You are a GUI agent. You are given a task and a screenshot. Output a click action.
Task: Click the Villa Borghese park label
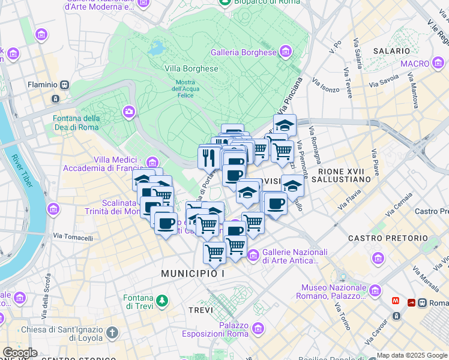pos(191,68)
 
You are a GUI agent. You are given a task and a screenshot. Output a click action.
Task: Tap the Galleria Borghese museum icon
pos(286,52)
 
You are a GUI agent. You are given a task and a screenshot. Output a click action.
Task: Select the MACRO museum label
pos(415,64)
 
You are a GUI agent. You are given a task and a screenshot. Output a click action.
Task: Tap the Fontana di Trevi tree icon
pos(161,301)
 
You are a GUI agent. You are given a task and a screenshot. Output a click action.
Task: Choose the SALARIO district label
pos(391,52)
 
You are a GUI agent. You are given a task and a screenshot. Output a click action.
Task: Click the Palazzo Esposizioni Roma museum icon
pos(258,329)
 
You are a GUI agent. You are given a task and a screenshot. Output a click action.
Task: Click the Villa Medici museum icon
pos(152,163)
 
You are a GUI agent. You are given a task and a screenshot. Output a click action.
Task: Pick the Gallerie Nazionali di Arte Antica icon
pos(253,256)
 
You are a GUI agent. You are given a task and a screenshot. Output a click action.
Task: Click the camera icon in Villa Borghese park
pos(129,112)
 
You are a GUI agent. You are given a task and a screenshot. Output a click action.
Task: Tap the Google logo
pos(20,353)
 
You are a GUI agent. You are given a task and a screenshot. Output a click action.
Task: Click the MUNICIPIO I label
pos(192,274)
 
